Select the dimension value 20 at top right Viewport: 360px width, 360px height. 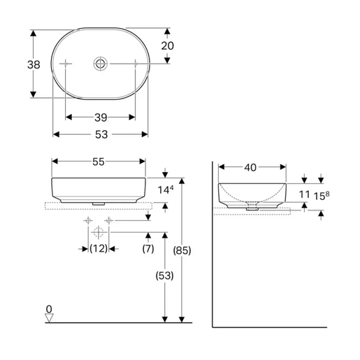click(x=167, y=45)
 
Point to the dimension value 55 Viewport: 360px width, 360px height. click(x=99, y=161)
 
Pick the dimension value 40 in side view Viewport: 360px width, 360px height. click(x=251, y=167)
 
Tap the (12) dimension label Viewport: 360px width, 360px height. click(x=98, y=249)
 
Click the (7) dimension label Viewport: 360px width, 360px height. click(x=148, y=249)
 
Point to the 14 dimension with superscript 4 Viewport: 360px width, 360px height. click(x=166, y=189)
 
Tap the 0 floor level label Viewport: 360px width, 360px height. click(x=48, y=308)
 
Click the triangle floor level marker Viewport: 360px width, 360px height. click(x=48, y=317)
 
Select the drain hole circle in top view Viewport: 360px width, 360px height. click(x=100, y=64)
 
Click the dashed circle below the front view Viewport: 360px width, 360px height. click(x=98, y=231)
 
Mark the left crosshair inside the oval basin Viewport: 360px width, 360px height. click(x=66, y=64)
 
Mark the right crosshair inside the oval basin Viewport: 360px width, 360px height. click(x=134, y=64)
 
